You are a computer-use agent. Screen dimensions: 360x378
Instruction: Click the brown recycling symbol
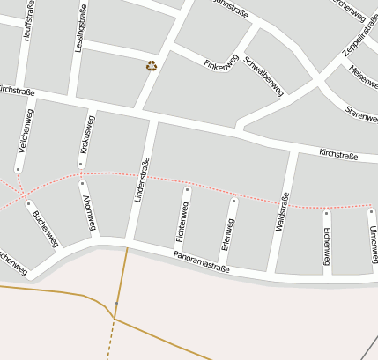coord(152,65)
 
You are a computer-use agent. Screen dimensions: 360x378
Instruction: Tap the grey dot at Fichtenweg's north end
coord(187,189)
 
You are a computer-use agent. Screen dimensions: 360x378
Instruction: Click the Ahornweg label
coord(88,215)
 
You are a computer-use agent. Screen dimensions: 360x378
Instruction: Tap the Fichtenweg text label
coord(182,222)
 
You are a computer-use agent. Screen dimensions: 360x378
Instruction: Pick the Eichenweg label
coord(326,245)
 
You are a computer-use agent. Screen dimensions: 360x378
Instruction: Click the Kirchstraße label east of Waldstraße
coord(337,155)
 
